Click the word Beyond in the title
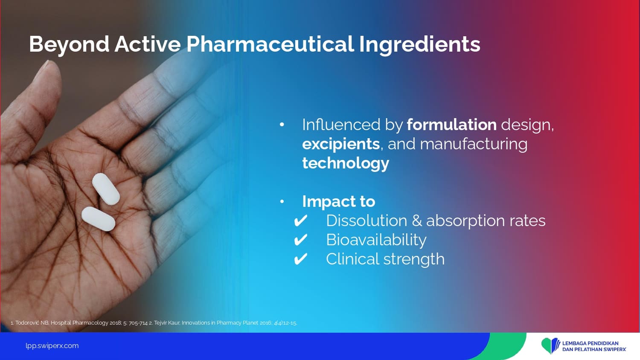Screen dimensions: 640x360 (x=69, y=45)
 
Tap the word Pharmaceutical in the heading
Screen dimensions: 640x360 (x=270, y=44)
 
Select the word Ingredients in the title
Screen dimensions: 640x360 (x=420, y=45)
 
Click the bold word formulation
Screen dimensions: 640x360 (x=452, y=125)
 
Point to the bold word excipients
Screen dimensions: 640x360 (x=341, y=144)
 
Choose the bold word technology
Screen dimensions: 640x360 (x=346, y=163)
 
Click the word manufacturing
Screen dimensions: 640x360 (x=474, y=144)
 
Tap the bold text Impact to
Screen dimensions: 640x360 (x=339, y=201)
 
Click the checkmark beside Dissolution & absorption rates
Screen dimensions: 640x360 (x=300, y=221)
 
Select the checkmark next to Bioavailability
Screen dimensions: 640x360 (x=300, y=240)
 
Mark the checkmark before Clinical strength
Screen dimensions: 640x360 (x=300, y=259)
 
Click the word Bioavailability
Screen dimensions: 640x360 (x=376, y=240)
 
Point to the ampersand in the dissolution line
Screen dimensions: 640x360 (x=417, y=221)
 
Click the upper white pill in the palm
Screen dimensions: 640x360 (x=106, y=189)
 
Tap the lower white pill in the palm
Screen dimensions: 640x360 (x=98, y=219)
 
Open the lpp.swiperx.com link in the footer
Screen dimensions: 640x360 (x=52, y=346)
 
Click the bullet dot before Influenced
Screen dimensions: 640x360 (x=282, y=125)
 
